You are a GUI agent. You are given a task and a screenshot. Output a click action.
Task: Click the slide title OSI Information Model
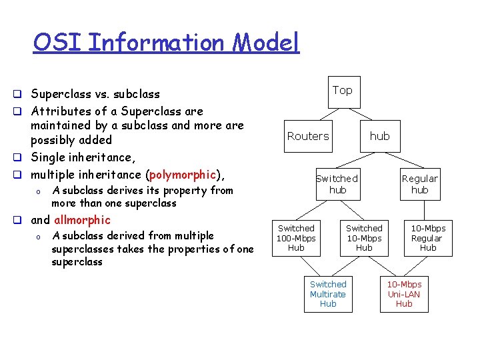tap(167, 43)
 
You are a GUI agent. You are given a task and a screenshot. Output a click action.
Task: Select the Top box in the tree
tap(343, 91)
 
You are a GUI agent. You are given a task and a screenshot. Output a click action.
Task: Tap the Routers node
tap(308, 136)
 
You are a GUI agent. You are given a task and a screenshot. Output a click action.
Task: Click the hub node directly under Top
tap(379, 136)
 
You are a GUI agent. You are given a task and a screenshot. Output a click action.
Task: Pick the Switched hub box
tap(337, 184)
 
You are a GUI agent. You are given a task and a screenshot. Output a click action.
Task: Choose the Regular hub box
tap(420, 184)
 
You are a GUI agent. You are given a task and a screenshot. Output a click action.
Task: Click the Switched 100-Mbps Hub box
tap(296, 238)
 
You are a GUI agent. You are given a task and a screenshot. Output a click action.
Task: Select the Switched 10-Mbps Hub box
tap(364, 238)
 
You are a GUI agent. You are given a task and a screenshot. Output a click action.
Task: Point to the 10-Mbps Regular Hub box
tap(427, 238)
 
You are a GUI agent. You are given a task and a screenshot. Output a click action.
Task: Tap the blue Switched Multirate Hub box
tap(328, 294)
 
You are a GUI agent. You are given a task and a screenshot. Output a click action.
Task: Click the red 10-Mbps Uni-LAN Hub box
tap(404, 294)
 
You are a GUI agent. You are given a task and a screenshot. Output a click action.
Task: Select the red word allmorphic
tap(82, 220)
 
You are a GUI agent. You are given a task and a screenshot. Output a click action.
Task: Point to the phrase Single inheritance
tap(82, 157)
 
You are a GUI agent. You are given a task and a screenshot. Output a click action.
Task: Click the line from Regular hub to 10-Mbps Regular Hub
tap(424, 210)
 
